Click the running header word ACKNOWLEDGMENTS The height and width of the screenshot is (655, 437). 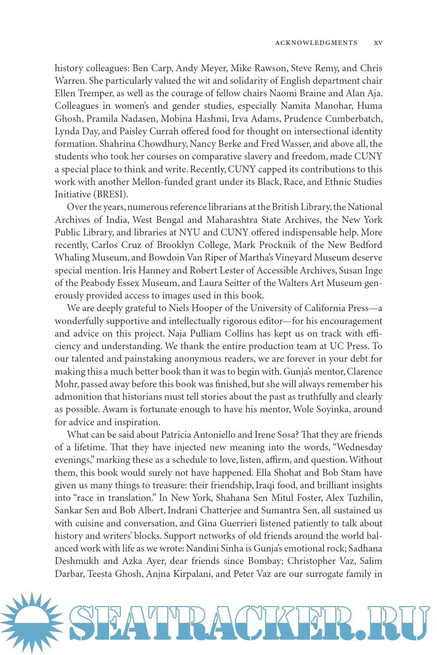[x=316, y=43]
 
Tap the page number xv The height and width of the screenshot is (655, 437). [x=378, y=43]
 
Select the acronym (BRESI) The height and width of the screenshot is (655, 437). [x=112, y=194]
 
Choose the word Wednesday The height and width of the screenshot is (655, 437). [x=359, y=447]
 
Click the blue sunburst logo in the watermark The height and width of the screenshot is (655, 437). [x=32, y=621]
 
